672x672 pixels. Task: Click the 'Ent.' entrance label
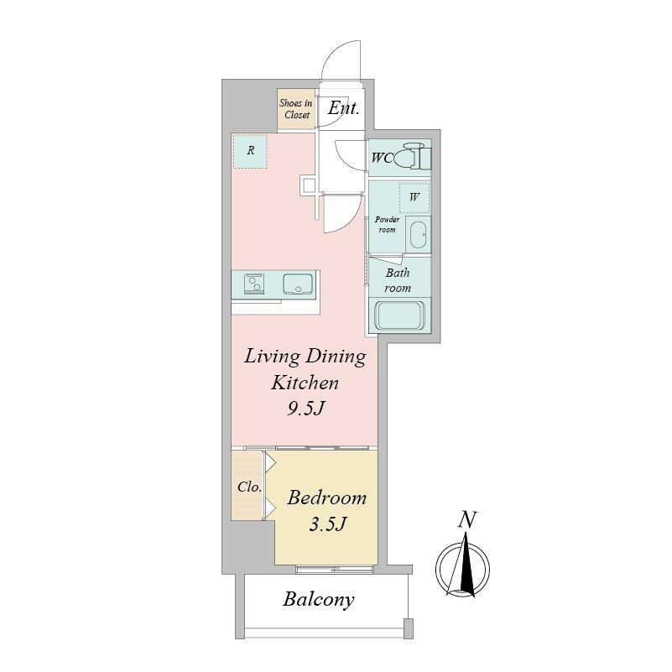[x=343, y=107]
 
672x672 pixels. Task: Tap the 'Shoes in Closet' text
[x=296, y=109]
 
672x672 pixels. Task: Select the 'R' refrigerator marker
[x=251, y=150]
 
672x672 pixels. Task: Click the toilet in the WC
[x=412, y=155]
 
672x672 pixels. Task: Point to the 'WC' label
[x=382, y=159]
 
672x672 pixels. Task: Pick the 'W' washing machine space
[x=414, y=197]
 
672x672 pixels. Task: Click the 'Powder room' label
[x=387, y=225]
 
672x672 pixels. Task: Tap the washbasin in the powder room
[x=419, y=234]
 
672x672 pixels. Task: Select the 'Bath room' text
[x=398, y=280]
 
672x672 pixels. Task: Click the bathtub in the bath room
[x=400, y=316]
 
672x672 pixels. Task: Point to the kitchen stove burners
[x=253, y=284]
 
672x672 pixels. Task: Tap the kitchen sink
[x=298, y=284]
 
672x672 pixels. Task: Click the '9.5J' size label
[x=305, y=409]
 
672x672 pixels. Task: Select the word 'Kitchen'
[x=305, y=383]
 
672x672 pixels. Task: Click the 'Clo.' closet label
[x=249, y=487]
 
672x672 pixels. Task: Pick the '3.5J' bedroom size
[x=327, y=524]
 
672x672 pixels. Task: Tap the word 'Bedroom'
[x=326, y=497]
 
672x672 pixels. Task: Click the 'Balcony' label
[x=319, y=600]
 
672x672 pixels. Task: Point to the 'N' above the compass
[x=467, y=519]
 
